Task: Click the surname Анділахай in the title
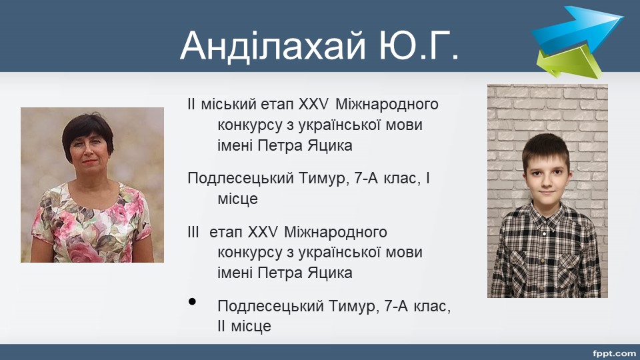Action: pyautogui.click(x=273, y=46)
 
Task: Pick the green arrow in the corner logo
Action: pyautogui.click(x=569, y=62)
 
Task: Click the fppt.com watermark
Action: pyautogui.click(x=614, y=353)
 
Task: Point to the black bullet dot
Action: pyautogui.click(x=192, y=301)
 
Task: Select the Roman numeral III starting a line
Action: pyautogui.click(x=193, y=232)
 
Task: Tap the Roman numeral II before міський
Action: pyautogui.click(x=191, y=104)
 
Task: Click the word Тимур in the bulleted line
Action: pyautogui.click(x=351, y=306)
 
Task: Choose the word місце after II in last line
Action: pyautogui.click(x=251, y=327)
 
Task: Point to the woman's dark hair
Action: pyautogui.click(x=87, y=131)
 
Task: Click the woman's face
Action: pyautogui.click(x=89, y=152)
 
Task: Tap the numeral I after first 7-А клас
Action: pyautogui.click(x=428, y=178)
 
